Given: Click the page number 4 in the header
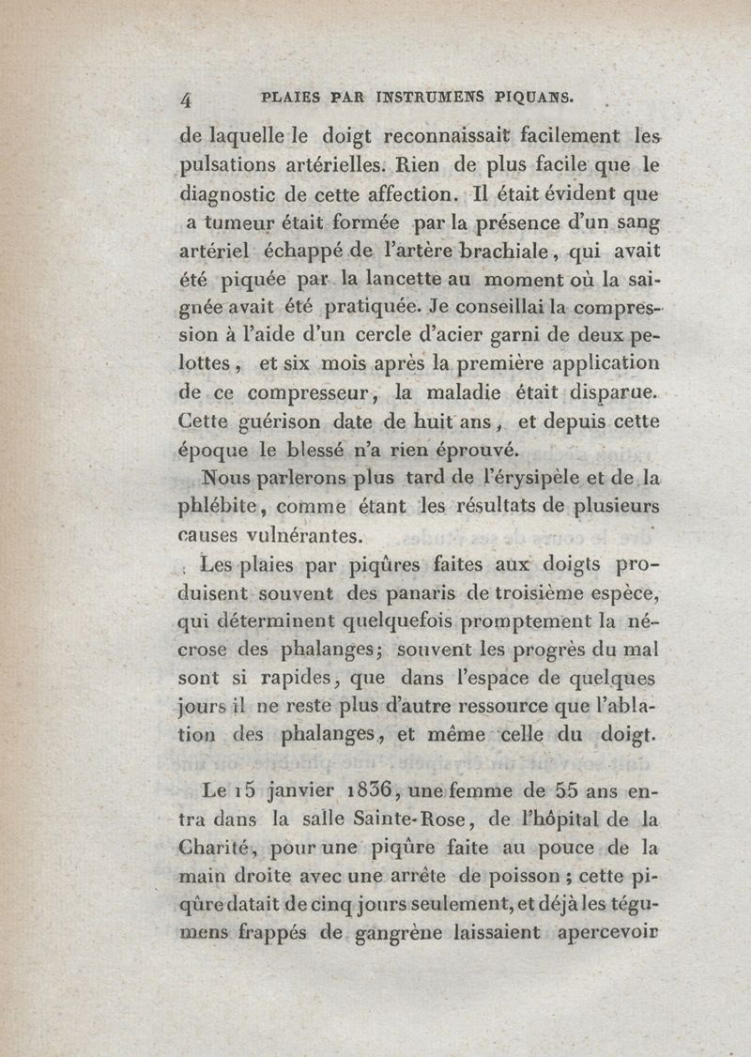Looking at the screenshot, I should [x=185, y=99].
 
